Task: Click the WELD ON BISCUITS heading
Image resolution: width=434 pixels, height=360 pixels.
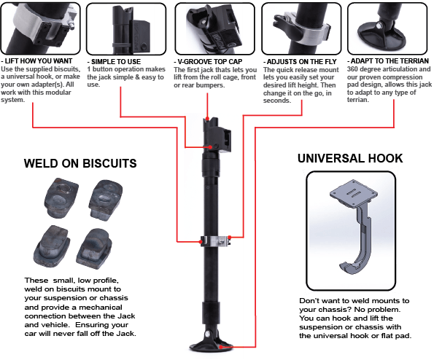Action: (x=80, y=163)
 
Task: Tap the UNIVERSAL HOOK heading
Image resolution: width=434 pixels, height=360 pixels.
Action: (x=350, y=158)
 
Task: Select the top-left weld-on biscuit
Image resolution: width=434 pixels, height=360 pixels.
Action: (x=61, y=197)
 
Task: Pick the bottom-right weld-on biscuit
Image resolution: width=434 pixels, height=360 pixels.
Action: (x=94, y=249)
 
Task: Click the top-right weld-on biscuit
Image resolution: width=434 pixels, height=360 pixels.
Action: (x=106, y=200)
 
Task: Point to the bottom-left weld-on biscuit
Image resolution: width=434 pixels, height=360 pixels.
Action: (x=52, y=246)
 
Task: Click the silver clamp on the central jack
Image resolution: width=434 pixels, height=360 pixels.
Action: (x=216, y=240)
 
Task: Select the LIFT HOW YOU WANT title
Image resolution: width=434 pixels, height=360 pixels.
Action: (x=36, y=61)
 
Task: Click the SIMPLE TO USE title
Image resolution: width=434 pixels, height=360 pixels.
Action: (x=114, y=62)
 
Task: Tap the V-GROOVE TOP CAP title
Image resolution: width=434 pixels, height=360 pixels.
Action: (x=208, y=62)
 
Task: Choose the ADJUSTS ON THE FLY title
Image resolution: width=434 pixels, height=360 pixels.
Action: (x=300, y=62)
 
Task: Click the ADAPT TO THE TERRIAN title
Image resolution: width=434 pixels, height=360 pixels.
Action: (x=388, y=61)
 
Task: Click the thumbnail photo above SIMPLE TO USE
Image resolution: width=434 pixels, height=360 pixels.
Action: (x=126, y=29)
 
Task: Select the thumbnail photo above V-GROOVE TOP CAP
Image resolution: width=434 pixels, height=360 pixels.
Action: (x=214, y=29)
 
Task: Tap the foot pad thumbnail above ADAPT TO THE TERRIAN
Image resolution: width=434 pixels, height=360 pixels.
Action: (x=387, y=28)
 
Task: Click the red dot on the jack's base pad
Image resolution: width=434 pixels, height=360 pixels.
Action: (x=221, y=347)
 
